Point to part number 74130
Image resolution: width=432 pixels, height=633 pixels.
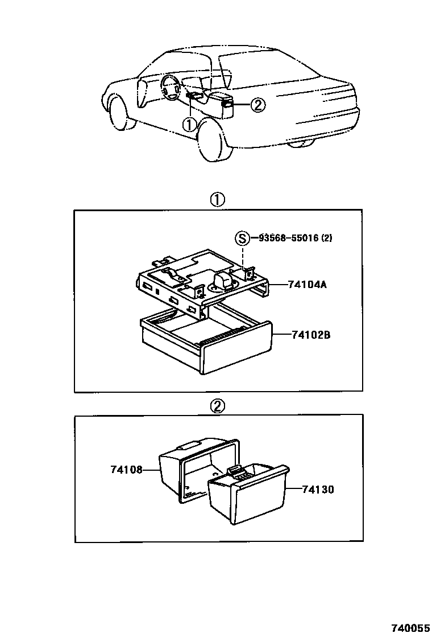318,489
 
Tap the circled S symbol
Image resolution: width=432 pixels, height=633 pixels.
243,238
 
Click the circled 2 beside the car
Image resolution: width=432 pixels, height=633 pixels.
257,105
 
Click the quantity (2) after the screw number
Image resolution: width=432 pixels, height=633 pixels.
326,238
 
